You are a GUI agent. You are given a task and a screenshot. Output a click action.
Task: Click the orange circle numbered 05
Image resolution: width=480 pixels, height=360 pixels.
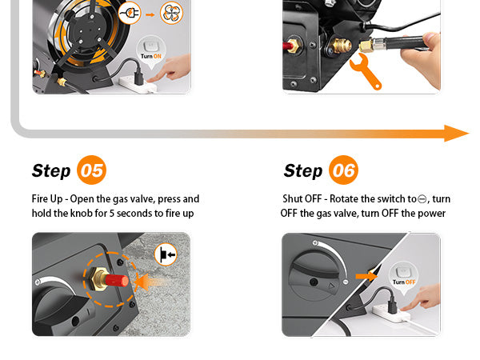point(91,170)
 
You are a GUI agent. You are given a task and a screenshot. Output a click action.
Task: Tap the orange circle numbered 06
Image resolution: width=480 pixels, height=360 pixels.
point(343,170)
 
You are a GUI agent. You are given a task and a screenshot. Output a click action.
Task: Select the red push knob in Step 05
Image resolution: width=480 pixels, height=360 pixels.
point(117,280)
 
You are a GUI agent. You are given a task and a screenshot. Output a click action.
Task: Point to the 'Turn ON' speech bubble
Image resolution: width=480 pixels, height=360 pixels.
point(151,50)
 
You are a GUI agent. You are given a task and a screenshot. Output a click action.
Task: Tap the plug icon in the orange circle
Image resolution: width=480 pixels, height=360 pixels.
point(130,13)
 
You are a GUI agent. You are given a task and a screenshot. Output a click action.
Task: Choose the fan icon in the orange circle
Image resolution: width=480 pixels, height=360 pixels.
point(171,13)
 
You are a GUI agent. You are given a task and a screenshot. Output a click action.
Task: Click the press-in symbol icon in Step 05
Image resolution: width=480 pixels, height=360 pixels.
point(166,254)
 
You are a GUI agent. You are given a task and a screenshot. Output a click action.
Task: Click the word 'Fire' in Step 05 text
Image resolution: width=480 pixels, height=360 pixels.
point(40,198)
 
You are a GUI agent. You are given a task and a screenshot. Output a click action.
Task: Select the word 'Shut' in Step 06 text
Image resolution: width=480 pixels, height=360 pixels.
point(292,198)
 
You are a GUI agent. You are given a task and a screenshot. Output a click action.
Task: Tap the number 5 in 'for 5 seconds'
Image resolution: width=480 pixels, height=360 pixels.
point(112,214)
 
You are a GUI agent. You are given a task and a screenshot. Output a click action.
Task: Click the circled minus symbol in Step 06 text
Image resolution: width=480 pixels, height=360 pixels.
point(422,199)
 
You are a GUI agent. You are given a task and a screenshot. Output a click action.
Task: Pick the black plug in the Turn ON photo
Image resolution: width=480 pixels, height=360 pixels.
point(138,76)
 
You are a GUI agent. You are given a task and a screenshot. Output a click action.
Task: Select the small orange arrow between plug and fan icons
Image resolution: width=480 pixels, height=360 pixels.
point(150,14)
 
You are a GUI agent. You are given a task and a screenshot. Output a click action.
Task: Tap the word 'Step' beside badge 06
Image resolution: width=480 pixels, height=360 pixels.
point(303,171)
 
